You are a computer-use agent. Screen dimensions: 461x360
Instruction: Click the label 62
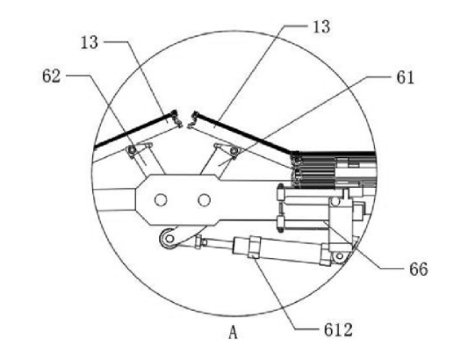pyautogui.click(x=52, y=76)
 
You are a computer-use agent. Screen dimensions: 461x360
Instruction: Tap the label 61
pyautogui.click(x=405, y=78)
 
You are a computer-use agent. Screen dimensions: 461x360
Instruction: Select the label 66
pyautogui.click(x=419, y=269)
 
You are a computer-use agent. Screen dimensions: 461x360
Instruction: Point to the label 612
pyautogui.click(x=338, y=330)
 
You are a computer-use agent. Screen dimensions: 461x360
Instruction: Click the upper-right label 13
pyautogui.click(x=321, y=26)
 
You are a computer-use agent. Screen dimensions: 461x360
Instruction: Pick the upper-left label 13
pyautogui.click(x=90, y=43)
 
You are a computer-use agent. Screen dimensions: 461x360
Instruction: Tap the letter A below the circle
pyautogui.click(x=233, y=333)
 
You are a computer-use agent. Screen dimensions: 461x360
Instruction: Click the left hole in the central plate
pyautogui.click(x=161, y=200)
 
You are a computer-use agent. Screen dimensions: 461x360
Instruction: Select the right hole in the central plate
pyautogui.click(x=204, y=200)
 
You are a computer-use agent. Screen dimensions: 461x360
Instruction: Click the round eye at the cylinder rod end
pyautogui.click(x=169, y=238)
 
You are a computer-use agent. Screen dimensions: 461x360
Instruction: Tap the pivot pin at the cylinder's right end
pyautogui.click(x=340, y=256)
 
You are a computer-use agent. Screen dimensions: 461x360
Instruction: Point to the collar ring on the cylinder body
pyautogui.click(x=254, y=247)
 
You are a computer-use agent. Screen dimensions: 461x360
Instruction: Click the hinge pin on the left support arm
pyautogui.click(x=133, y=150)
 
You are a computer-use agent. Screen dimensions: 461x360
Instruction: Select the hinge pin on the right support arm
pyautogui.click(x=234, y=151)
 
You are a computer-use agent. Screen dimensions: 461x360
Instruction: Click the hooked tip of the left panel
pyautogui.click(x=176, y=119)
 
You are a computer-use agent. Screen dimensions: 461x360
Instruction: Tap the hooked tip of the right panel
pyautogui.click(x=192, y=119)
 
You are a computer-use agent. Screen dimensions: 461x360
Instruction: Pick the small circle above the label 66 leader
pyautogui.click(x=335, y=202)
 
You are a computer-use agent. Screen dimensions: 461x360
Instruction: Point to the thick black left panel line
pyautogui.click(x=133, y=130)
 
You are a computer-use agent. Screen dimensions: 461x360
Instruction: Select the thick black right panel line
pyautogui.click(x=244, y=133)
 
